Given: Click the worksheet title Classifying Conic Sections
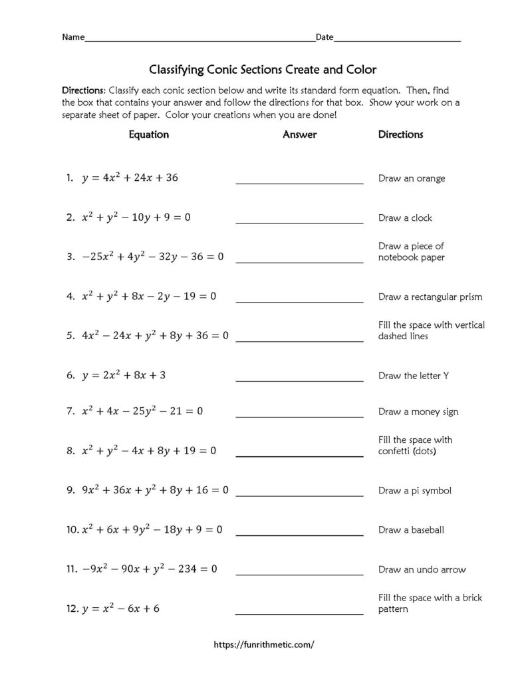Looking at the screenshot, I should coord(263,68).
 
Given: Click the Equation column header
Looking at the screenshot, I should coord(148,134).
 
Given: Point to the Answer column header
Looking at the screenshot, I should coord(299,134).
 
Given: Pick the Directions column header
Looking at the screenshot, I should coord(400,134).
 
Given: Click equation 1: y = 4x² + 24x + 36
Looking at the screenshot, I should coord(130,178).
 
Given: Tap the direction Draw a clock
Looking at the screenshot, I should coord(405,218).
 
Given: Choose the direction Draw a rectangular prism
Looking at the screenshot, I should coord(430,297).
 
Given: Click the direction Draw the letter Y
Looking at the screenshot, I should coord(414,376).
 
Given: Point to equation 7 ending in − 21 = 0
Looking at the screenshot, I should coord(142,411).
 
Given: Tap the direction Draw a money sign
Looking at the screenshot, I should coord(418,412).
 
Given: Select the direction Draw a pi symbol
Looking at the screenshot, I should coord(415,491).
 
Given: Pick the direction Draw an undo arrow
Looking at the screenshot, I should coord(422,569).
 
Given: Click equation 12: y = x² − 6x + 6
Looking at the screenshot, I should coord(120,609).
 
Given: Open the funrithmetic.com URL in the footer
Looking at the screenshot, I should coord(263,644).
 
